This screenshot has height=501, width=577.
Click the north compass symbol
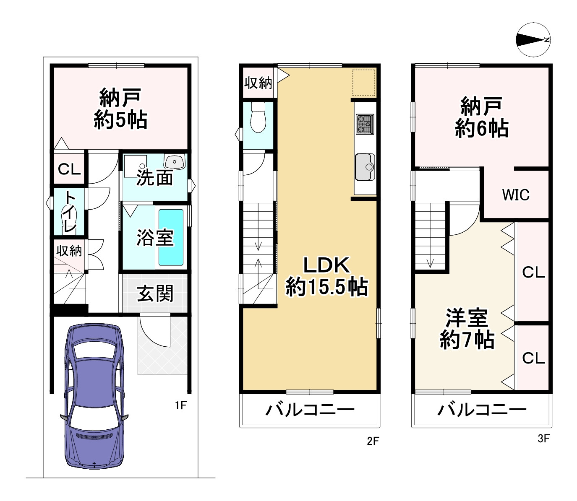pos(533,40)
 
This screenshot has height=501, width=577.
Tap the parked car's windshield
pos(94,350)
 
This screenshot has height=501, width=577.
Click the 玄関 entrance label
pos(155,293)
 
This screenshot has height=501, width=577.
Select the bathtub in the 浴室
pos(171,237)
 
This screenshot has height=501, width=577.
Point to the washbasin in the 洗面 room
pos(175,161)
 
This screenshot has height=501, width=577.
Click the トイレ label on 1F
pos(69,212)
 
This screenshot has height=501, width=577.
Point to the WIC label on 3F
pos(516,195)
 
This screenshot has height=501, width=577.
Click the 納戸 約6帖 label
pos(481,117)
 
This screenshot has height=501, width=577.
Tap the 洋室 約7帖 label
pos(467,329)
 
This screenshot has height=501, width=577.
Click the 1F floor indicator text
pos(180,405)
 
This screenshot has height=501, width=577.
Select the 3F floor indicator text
pos(543,439)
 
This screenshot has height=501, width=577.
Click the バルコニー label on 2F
pos(310,410)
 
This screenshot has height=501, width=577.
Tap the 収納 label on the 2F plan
pos(258,83)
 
